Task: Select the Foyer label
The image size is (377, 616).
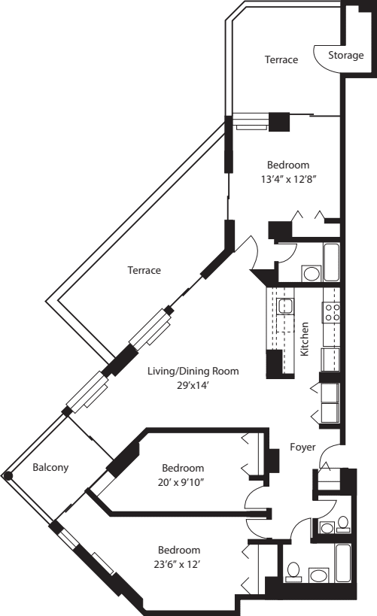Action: (303, 447)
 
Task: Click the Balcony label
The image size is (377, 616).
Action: (50, 467)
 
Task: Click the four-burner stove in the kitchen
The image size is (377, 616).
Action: (332, 311)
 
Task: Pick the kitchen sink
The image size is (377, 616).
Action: (285, 305)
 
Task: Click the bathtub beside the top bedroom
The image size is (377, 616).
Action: (332, 262)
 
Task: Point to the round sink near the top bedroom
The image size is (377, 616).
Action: (309, 272)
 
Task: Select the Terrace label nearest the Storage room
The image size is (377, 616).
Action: (281, 59)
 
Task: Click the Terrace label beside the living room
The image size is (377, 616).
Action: (144, 270)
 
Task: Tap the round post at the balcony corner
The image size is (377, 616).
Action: (8, 475)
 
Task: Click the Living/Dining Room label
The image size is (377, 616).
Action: (193, 370)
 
